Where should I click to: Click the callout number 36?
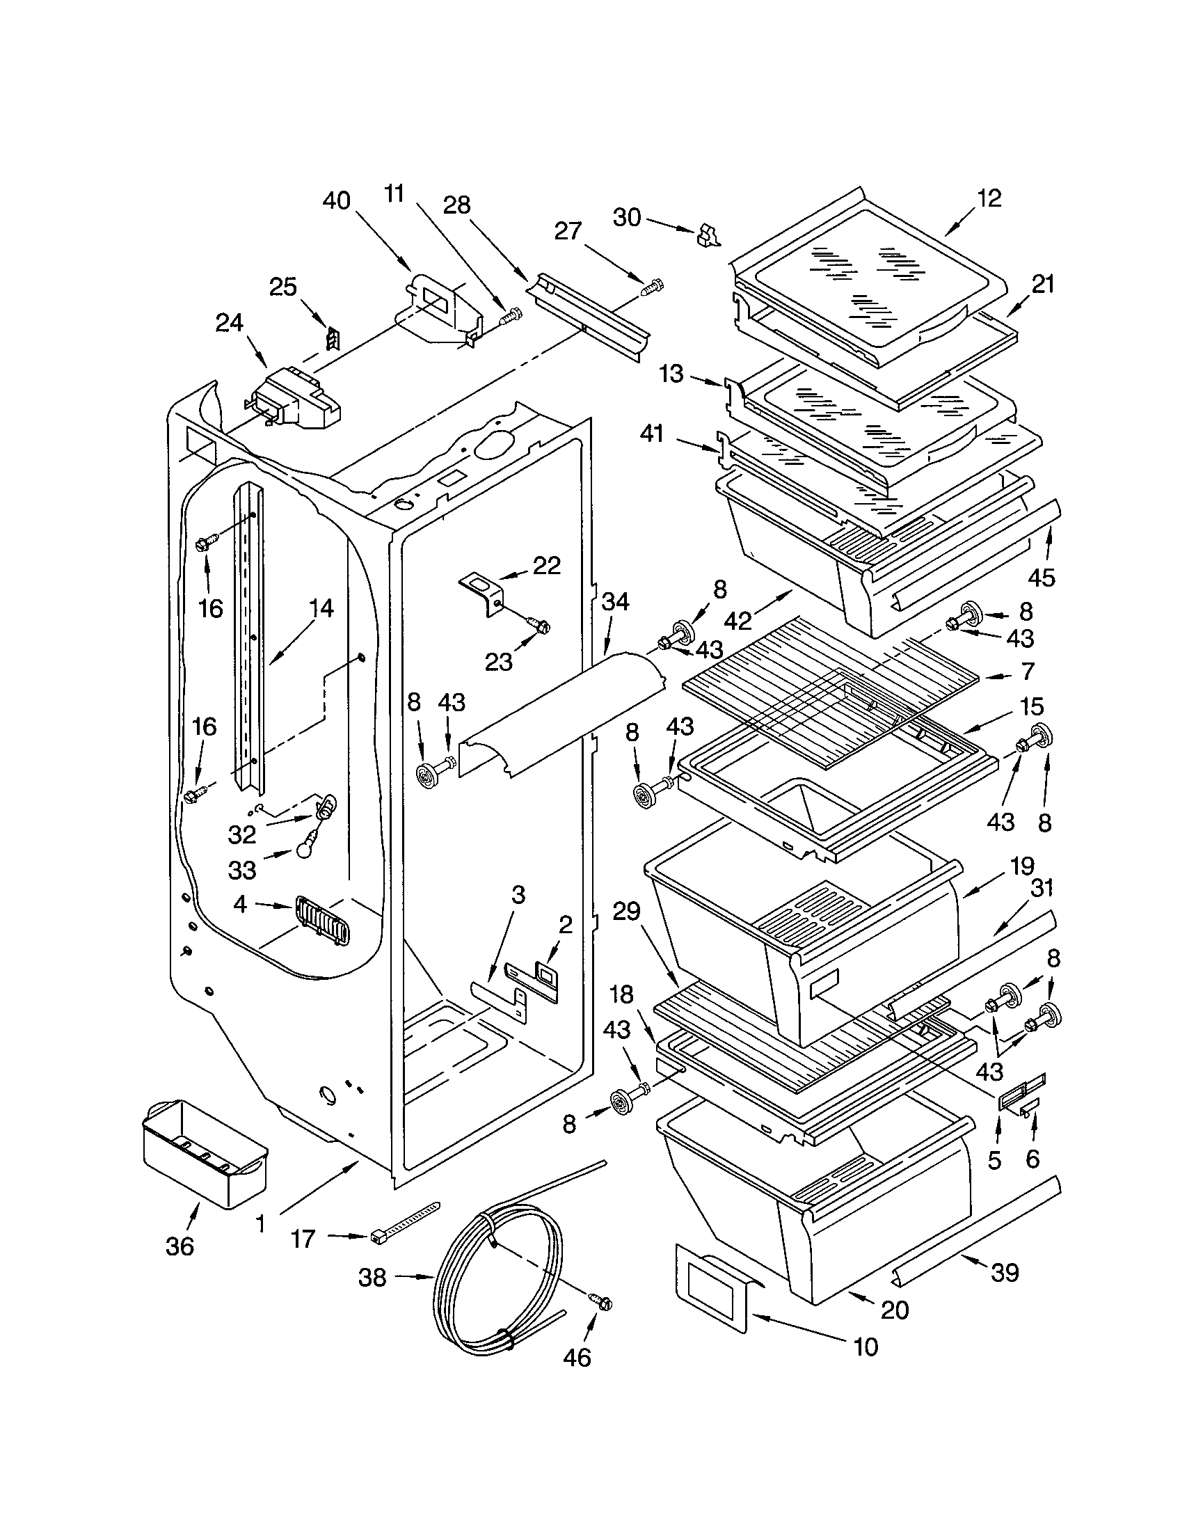tap(180, 1246)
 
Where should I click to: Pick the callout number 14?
tap(320, 608)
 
